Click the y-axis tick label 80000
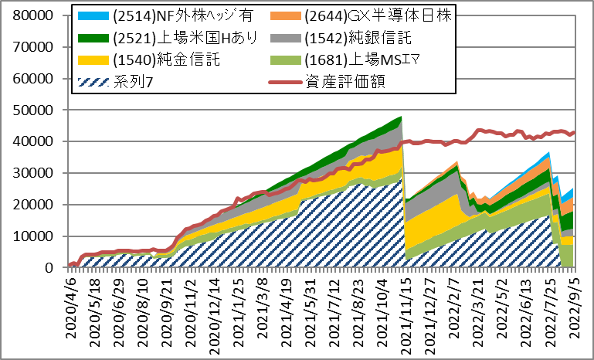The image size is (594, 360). pyautogui.click(x=32, y=15)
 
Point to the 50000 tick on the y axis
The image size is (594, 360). pyautogui.click(x=32, y=110)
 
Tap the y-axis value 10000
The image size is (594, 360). pyautogui.click(x=32, y=236)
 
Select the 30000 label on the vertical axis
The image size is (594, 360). pyautogui.click(x=32, y=173)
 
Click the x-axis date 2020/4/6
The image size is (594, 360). pyautogui.click(x=71, y=300)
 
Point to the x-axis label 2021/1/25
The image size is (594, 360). pyautogui.click(x=239, y=304)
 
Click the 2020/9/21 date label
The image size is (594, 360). pyautogui.click(x=167, y=304)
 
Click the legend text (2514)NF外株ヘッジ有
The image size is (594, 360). pyautogui.click(x=182, y=15)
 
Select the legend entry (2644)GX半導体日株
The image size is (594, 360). pyautogui.click(x=378, y=15)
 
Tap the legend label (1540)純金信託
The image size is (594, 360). pyautogui.click(x=166, y=59)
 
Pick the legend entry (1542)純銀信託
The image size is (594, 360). pyautogui.click(x=358, y=38)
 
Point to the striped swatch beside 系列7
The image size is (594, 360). pyautogui.click(x=93, y=81)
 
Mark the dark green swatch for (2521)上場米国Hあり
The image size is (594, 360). pyautogui.click(x=93, y=38)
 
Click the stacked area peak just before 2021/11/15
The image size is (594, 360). pyautogui.click(x=401, y=117)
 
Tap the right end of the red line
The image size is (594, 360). pyautogui.click(x=575, y=132)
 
